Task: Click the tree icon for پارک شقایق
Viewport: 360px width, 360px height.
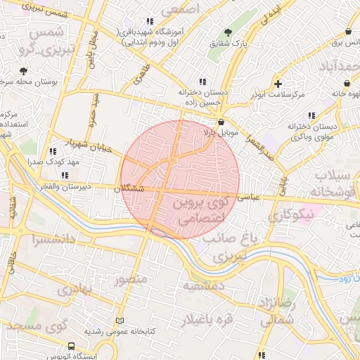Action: pyautogui.click(x=228, y=32)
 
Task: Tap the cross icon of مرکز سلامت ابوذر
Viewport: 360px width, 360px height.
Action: pyautogui.click(x=279, y=84)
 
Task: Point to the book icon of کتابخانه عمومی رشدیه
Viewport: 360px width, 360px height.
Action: pyautogui.click(x=119, y=320)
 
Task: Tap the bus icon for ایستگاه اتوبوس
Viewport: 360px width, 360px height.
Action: pyautogui.click(x=71, y=347)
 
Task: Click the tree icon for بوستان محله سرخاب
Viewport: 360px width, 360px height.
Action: pyautogui.click(x=23, y=71)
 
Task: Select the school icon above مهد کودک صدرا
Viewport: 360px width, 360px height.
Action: pyautogui.click(x=53, y=150)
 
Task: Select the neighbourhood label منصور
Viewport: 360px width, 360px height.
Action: pyautogui.click(x=131, y=280)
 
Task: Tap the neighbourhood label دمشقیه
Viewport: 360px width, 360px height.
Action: pyautogui.click(x=203, y=287)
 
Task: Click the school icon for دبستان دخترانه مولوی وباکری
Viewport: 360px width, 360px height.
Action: pyautogui.click(x=311, y=115)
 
